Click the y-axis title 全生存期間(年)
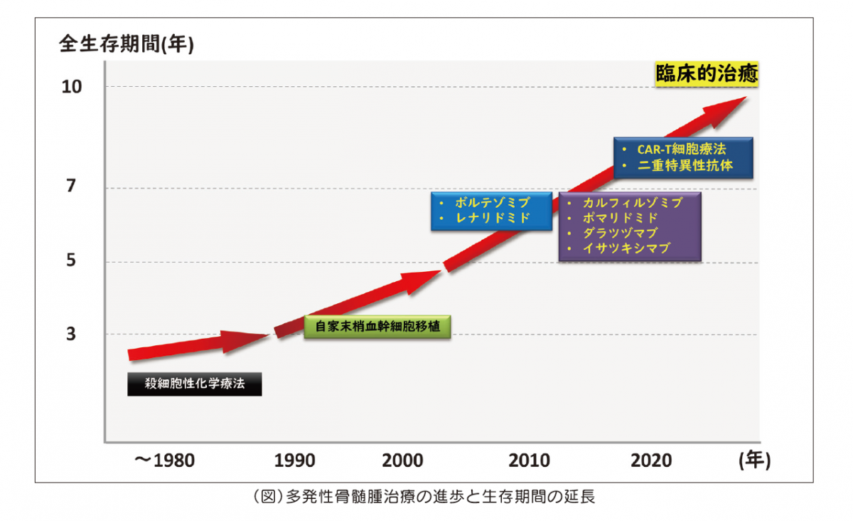click(127, 45)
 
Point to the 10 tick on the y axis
click(74, 87)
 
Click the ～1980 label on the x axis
click(164, 461)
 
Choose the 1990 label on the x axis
click(295, 461)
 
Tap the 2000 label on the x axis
click(402, 461)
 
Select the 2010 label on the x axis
click(529, 461)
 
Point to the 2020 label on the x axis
click(651, 461)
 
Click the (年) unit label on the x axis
click(753, 460)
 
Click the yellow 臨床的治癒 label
click(706, 73)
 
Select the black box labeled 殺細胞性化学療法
click(194, 384)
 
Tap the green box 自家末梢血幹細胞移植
click(377, 327)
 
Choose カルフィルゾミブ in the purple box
click(632, 203)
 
